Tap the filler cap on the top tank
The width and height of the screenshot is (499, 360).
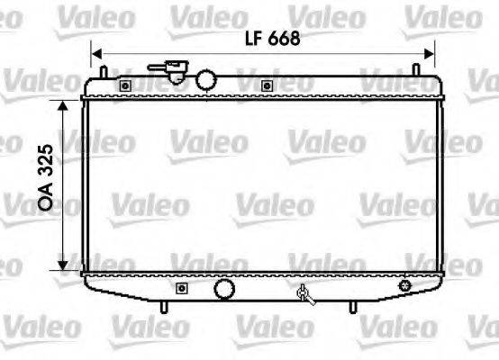(x=172, y=69)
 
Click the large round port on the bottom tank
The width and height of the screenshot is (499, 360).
(x=223, y=289)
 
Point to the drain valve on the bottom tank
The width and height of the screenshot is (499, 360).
(x=304, y=292)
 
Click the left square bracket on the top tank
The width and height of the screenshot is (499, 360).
(x=124, y=85)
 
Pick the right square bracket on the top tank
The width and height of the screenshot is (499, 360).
(x=267, y=85)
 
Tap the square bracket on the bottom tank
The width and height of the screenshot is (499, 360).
(x=182, y=289)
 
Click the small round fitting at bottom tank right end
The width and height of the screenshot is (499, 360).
(x=404, y=285)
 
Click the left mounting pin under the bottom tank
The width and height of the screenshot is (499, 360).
(x=163, y=308)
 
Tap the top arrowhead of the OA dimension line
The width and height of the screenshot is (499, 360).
(x=62, y=103)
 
